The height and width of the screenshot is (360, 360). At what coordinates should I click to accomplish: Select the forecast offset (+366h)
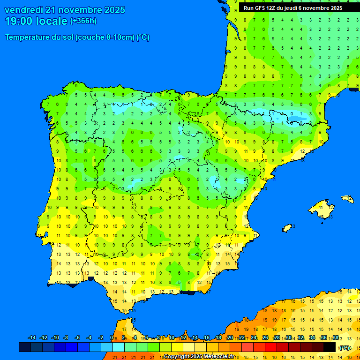pos(83,21)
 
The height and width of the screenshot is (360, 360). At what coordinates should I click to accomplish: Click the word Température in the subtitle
pos(29,37)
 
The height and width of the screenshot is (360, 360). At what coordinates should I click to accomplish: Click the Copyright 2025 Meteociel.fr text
pos(199,356)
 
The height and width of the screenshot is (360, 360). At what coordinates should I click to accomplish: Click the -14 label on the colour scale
pos(32,338)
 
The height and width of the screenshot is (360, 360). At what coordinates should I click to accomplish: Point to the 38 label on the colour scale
pos(336,338)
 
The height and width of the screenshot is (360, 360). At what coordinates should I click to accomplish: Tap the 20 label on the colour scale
pos(230,338)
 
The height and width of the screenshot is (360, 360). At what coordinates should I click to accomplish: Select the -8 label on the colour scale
pos(66,338)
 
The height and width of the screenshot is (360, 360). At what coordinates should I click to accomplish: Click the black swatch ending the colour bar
pos(330,347)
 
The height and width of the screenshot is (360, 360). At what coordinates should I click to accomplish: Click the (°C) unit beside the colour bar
pos(345,348)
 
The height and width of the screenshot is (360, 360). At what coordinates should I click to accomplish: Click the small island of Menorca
pos(348,199)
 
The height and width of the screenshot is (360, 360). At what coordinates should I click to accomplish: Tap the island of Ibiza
pos(287,228)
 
